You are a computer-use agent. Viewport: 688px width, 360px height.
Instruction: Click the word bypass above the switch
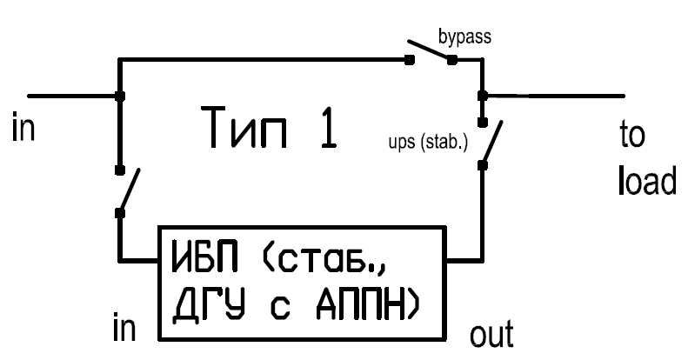point(464,37)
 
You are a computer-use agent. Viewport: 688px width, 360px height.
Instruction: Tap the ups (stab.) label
point(428,143)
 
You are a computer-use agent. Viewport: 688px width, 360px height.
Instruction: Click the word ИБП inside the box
point(205,255)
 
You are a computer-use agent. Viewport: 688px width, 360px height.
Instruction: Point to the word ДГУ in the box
point(208,305)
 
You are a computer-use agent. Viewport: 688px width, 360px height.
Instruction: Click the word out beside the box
point(491,334)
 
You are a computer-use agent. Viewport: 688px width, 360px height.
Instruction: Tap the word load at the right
point(647,180)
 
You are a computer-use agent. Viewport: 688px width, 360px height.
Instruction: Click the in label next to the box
point(124,327)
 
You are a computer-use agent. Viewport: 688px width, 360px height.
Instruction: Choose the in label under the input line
point(23,127)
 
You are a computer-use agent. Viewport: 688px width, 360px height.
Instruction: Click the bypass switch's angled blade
point(429,50)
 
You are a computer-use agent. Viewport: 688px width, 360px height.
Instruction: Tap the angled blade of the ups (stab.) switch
point(492,142)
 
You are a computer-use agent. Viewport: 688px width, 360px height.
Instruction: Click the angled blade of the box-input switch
point(130,190)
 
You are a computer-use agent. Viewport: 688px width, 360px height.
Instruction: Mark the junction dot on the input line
point(120,96)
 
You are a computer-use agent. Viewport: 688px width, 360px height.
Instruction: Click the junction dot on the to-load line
point(482,96)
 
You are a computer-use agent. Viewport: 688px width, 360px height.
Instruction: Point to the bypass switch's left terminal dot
point(409,60)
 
